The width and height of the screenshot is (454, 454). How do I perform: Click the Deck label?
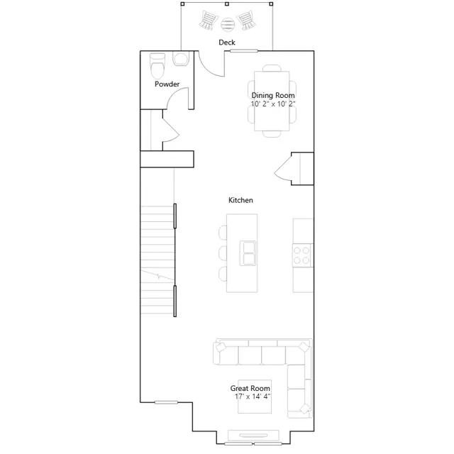point(227,43)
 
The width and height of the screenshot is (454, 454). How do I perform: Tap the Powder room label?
point(167,84)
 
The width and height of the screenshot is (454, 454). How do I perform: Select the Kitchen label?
point(240,200)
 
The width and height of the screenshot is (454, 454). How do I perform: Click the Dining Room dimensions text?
point(273,104)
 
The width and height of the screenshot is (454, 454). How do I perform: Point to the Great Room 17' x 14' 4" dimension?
point(253,397)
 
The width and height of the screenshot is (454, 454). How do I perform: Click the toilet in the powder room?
point(157,66)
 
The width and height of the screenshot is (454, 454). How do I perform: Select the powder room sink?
point(181,58)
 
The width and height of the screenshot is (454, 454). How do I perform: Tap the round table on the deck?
point(227,24)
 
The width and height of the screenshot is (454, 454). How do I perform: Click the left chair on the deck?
point(209,21)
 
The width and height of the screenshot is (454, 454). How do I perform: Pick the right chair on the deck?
point(246,21)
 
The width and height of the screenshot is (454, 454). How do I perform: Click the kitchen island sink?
point(248,253)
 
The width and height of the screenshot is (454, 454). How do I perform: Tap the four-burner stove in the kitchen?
point(301,255)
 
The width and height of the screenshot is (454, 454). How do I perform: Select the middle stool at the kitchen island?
point(223,253)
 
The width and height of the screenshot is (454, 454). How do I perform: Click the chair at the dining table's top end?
point(272,68)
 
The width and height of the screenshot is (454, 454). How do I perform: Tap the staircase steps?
point(157,260)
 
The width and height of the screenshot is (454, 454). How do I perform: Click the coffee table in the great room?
point(255,397)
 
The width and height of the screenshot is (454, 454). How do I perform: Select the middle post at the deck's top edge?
point(227,4)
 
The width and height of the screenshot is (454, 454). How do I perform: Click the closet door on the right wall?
point(283,169)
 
